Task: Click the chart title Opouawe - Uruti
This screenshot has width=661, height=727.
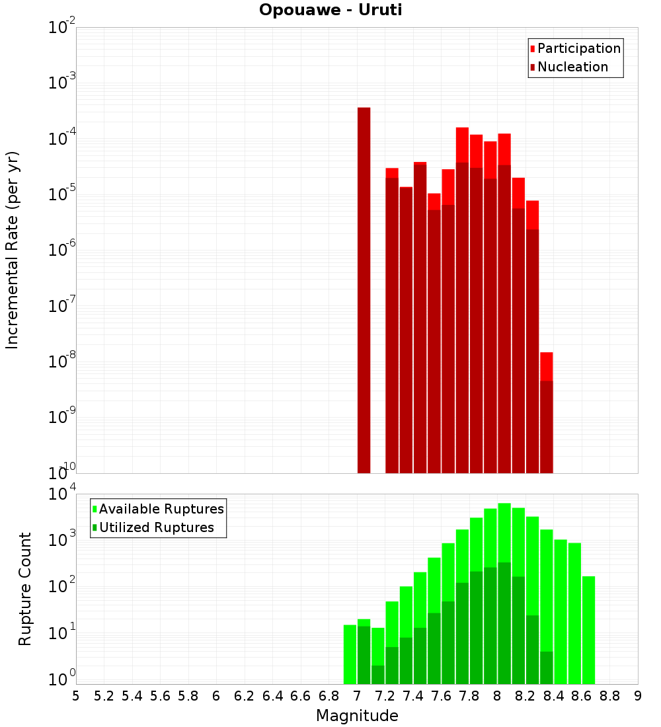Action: pyautogui.click(x=330, y=10)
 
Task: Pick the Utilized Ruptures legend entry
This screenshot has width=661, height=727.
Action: pyautogui.click(x=156, y=527)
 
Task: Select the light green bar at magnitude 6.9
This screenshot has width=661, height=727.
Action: pyautogui.click(x=350, y=654)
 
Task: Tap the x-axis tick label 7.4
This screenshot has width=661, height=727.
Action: pyautogui.click(x=413, y=696)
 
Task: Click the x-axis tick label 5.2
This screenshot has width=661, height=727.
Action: pyautogui.click(x=104, y=696)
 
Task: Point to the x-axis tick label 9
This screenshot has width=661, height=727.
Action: pyautogui.click(x=638, y=696)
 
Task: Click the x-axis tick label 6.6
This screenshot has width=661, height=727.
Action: pyautogui.click(x=301, y=696)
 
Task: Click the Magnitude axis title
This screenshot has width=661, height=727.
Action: pyautogui.click(x=357, y=716)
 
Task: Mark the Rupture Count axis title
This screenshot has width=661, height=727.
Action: pyautogui.click(x=25, y=588)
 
